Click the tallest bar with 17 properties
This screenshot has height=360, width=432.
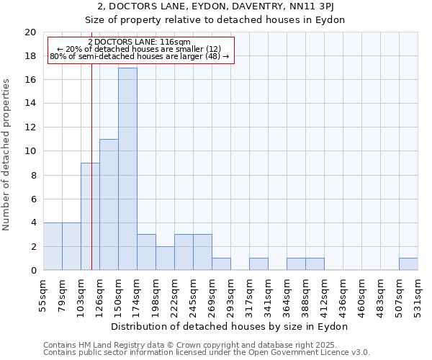point(127,169)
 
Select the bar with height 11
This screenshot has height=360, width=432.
point(109,204)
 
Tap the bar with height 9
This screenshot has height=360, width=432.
point(90,216)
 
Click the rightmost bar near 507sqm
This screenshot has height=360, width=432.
point(408,264)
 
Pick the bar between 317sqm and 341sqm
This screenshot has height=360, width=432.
point(258,264)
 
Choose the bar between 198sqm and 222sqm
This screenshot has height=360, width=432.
point(165,258)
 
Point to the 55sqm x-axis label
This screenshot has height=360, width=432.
point(44,294)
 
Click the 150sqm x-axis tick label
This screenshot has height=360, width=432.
point(119,294)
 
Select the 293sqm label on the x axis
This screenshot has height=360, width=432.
point(231,294)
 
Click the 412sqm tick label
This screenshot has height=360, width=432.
point(325,294)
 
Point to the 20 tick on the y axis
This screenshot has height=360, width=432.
point(30,32)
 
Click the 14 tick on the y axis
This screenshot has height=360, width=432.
point(30,104)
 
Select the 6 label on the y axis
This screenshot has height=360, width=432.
point(33,199)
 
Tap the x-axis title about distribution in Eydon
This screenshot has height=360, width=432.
point(230,326)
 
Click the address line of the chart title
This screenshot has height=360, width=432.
point(231,7)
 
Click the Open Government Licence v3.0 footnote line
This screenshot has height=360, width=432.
point(207,353)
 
